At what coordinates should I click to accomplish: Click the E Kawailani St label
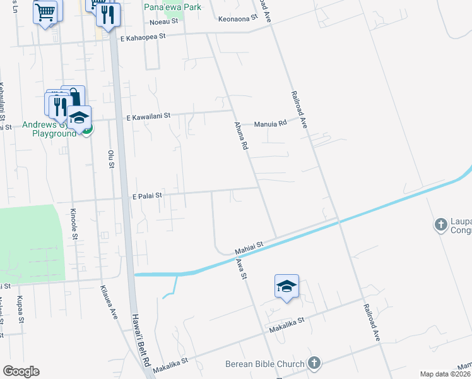click(x=148, y=116)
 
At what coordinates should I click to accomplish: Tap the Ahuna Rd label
click(x=240, y=136)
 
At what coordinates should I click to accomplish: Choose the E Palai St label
click(x=147, y=196)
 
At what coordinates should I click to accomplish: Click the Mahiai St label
click(x=248, y=241)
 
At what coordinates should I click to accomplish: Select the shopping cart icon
click(x=45, y=11)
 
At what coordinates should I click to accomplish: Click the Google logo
click(x=21, y=371)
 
